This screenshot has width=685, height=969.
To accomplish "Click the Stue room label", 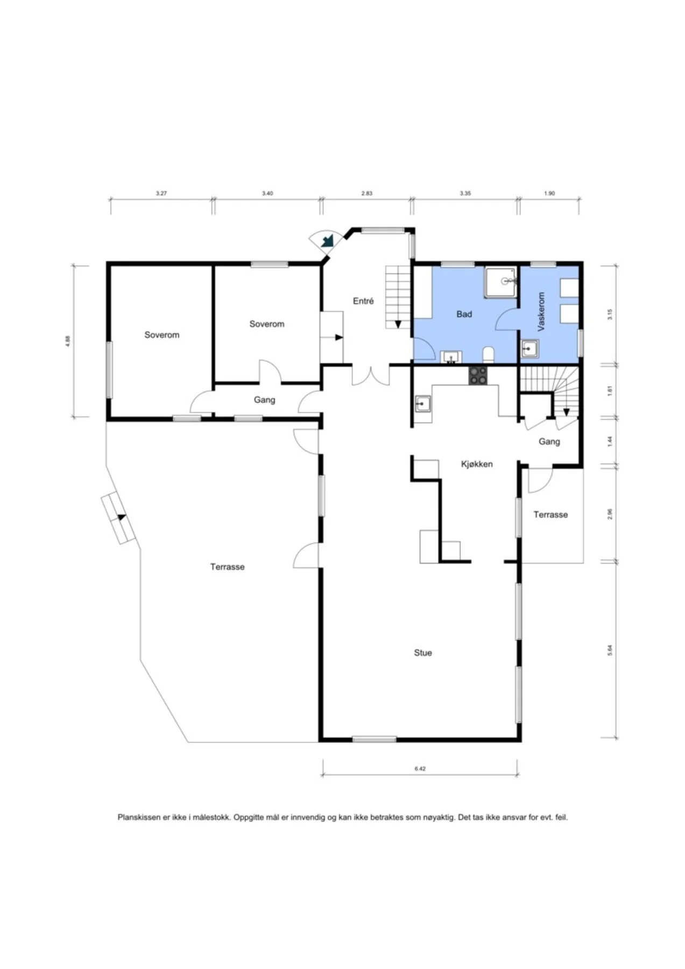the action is click(422, 652).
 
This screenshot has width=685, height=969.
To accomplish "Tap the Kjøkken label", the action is click(477, 464).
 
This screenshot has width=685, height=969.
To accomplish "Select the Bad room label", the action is click(464, 314).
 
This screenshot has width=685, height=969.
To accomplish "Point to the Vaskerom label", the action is click(541, 311).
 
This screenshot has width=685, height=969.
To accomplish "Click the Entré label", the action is click(363, 301).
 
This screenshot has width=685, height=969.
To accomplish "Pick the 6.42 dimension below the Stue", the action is click(420, 769).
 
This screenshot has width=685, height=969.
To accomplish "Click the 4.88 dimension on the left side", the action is click(68, 341).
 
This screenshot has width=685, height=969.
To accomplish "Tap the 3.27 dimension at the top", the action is click(161, 193).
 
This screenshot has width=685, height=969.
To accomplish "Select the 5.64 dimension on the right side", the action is click(610, 650).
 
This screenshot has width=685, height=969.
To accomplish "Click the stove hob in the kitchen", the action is click(477, 376).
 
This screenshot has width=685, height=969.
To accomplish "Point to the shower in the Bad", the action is click(500, 282).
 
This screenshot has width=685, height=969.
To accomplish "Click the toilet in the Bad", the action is click(489, 355).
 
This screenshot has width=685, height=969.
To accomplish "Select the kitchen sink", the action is click(422, 403).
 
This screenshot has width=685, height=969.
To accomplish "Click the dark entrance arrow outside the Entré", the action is click(327, 241).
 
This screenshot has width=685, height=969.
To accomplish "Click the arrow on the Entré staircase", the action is click(398, 324).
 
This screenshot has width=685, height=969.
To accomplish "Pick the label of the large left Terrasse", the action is click(227, 567).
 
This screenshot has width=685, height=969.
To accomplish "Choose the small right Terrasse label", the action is click(550, 515).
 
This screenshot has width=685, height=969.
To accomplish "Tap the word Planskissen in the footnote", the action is click(139, 817).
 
